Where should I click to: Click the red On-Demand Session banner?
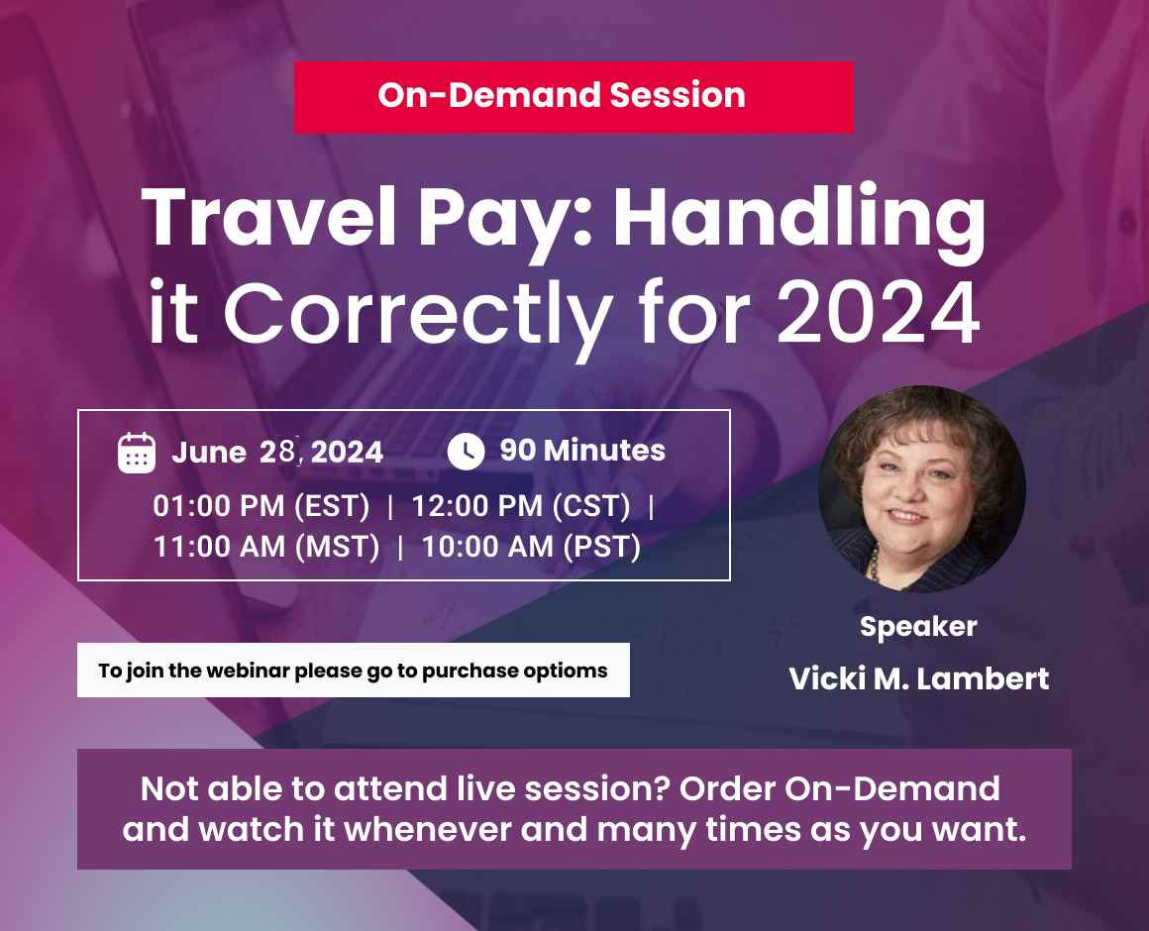(574, 97)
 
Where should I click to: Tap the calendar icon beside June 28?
(137, 453)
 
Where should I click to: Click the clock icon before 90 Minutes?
(467, 451)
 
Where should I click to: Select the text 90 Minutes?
(582, 451)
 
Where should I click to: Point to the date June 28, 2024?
(277, 452)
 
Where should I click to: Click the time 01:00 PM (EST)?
(261, 506)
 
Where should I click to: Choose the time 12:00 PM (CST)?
(520, 506)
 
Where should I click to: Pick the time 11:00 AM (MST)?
(266, 547)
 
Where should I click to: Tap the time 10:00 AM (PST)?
(531, 547)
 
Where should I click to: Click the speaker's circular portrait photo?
(922, 489)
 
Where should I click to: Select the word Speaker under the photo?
(918, 627)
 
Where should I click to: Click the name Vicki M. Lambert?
(919, 679)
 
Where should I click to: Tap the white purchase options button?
(354, 671)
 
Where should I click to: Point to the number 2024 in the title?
(878, 312)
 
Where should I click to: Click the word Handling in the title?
(799, 218)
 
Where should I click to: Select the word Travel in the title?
(269, 218)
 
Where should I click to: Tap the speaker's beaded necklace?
(875, 563)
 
